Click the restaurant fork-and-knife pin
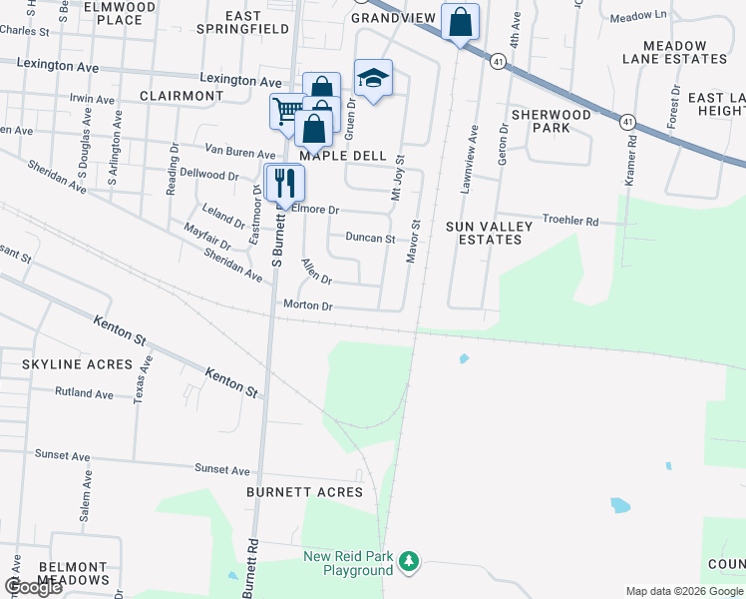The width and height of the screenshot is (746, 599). click(x=284, y=183)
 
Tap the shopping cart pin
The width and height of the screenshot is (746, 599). click(x=286, y=110)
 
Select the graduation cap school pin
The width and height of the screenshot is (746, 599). click(x=373, y=78)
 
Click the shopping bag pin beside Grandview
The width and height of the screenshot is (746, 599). click(x=460, y=22)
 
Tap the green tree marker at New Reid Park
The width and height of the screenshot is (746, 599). click(x=408, y=562)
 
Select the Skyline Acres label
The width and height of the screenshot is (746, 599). click(x=77, y=364)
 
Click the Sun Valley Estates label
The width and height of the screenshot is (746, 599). click(x=490, y=233)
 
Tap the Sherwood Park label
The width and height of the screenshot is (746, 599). click(x=551, y=121)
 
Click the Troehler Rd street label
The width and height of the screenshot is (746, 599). click(x=569, y=220)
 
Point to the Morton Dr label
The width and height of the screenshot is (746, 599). click(x=307, y=305)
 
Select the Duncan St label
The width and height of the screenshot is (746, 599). click(x=370, y=239)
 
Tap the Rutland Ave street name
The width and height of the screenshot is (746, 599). click(x=85, y=393)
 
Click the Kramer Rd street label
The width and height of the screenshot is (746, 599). click(x=631, y=158)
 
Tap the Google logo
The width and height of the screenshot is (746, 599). click(x=34, y=587)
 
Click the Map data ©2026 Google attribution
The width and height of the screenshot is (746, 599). click(x=683, y=591)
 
